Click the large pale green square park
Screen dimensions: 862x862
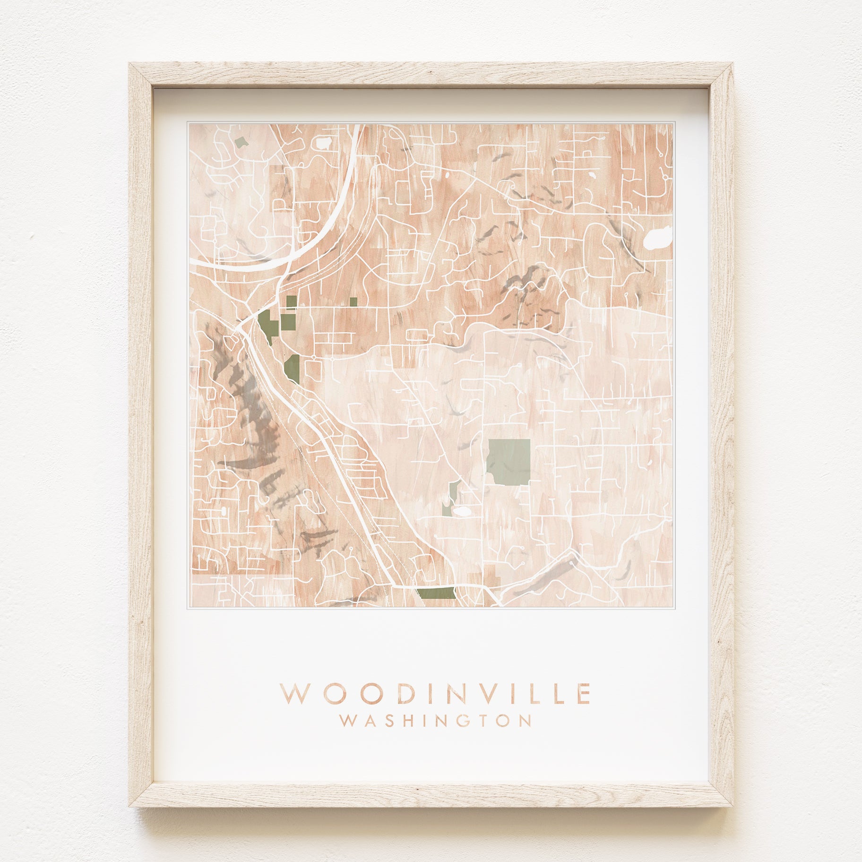(509, 462)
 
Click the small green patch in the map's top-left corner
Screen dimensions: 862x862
(242, 141)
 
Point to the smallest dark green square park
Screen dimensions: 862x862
(353, 302)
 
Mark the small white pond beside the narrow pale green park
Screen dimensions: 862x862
(462, 511)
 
